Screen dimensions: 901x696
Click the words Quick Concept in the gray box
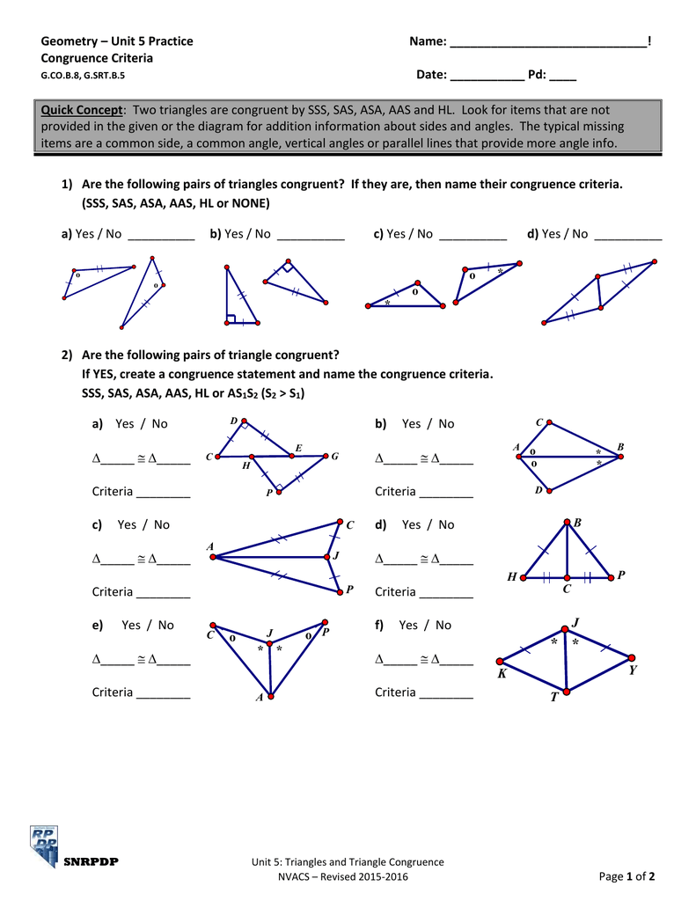pos(82,110)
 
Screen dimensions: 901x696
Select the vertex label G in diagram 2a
pos(335,456)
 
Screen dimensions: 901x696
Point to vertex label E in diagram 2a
pos(298,449)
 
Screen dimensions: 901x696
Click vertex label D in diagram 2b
pos(538,490)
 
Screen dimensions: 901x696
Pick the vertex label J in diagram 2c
pos(336,556)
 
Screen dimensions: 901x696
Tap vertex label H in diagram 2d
pos(511,577)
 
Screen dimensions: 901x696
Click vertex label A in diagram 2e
pos(260,698)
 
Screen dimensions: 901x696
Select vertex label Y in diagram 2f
pos(633,670)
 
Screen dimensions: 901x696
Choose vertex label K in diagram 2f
pos(502,673)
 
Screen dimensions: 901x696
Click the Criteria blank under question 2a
pos(164,493)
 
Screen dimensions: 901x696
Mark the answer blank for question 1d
pos(628,235)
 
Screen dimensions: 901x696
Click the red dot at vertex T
pos(567,692)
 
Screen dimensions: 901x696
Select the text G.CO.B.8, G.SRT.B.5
pos(83,76)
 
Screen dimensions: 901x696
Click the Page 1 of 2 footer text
pos(626,875)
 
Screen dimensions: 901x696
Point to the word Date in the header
pos(431,75)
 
